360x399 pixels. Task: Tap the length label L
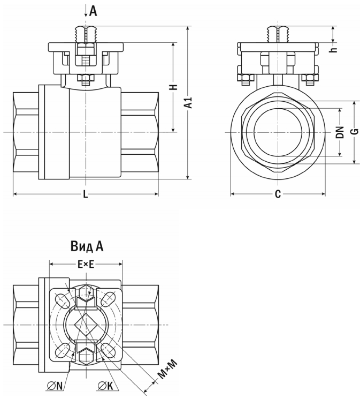tap(86, 195)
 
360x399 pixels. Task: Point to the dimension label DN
tap(340, 132)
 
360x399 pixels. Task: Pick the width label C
tap(278, 194)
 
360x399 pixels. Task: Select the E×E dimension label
tap(86, 264)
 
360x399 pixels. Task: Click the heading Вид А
tap(86, 246)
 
